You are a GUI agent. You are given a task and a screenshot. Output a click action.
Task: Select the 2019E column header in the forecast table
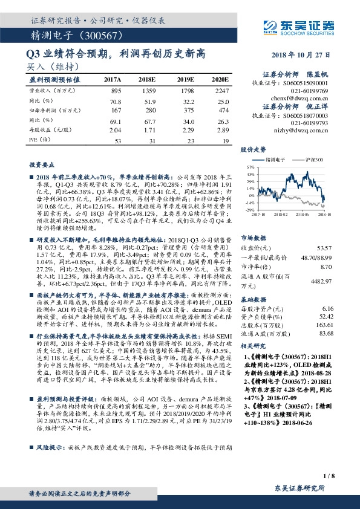(185, 80)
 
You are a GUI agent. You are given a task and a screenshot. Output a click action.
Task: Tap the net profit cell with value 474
(224, 111)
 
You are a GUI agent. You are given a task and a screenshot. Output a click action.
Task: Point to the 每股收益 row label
(46, 131)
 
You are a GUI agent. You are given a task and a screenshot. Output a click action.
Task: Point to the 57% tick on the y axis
(250, 166)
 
